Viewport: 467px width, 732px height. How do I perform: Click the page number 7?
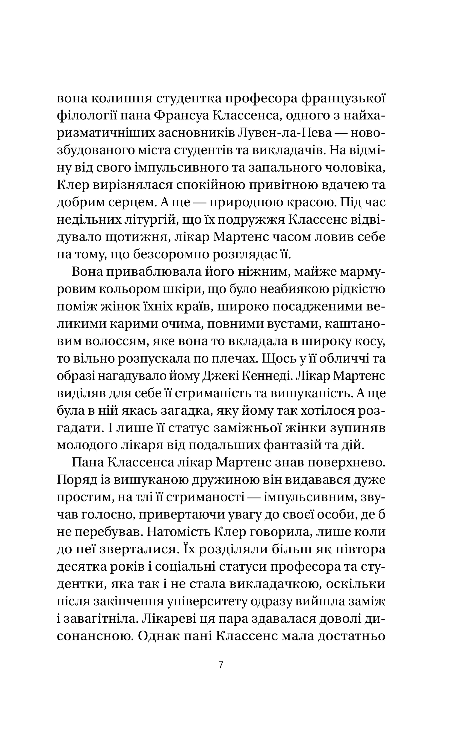coord(221,665)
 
